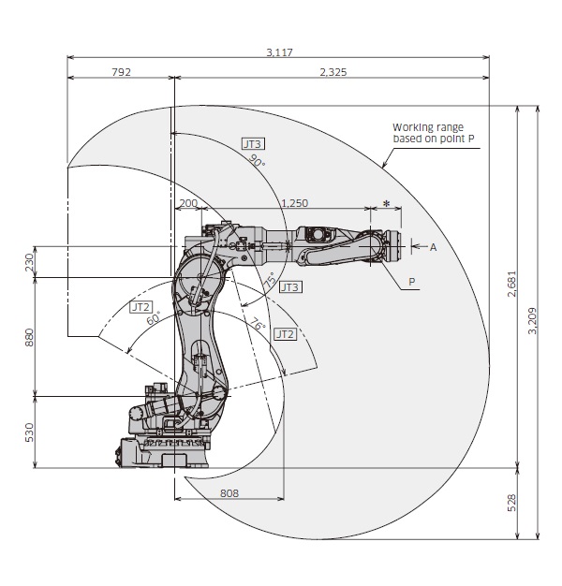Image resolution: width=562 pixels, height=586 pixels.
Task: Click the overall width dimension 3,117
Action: (x=279, y=52)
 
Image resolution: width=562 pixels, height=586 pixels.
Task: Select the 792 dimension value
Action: (x=121, y=71)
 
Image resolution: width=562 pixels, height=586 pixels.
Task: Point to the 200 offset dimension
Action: (x=187, y=202)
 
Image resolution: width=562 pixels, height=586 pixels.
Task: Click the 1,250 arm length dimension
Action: (x=294, y=202)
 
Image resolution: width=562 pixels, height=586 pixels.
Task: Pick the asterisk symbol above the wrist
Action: (x=386, y=203)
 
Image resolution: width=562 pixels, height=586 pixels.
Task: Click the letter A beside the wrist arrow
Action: (x=433, y=247)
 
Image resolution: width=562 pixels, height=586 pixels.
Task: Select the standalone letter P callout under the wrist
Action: (x=412, y=280)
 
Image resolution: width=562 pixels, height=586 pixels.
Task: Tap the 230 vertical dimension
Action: (x=28, y=262)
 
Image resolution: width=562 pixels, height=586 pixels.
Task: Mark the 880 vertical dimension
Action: (x=28, y=336)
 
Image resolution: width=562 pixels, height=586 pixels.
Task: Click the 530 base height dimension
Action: (x=28, y=432)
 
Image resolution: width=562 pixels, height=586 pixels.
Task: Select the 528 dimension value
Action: (x=510, y=503)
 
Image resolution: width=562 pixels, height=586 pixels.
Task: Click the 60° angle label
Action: (x=153, y=318)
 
